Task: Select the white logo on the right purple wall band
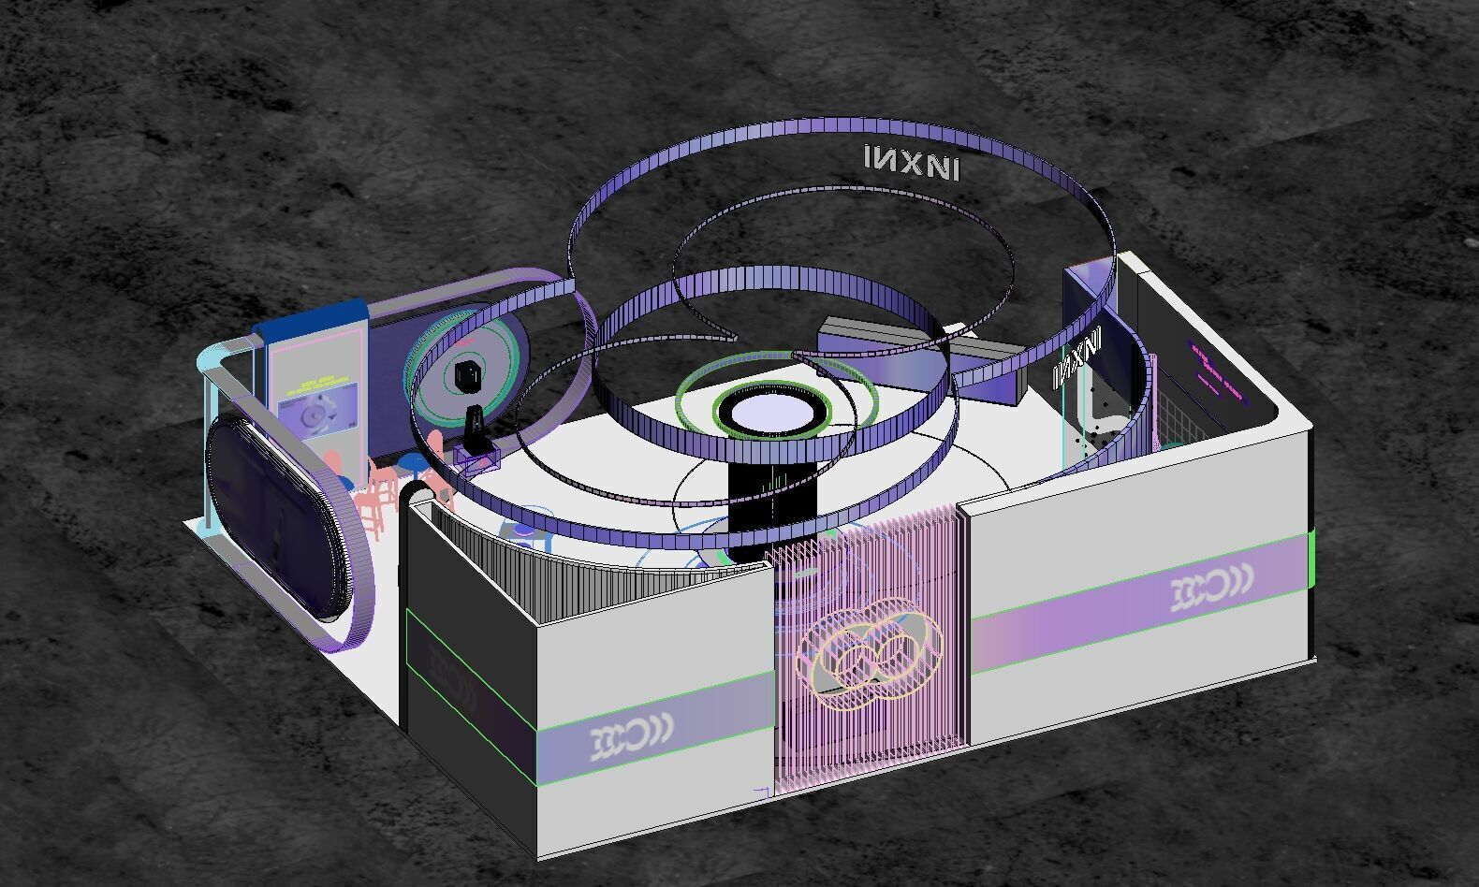[x=1212, y=590]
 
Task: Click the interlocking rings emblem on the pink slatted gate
[x=866, y=652]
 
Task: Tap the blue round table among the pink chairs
[x=409, y=462]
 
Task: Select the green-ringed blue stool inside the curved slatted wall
[x=522, y=533]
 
